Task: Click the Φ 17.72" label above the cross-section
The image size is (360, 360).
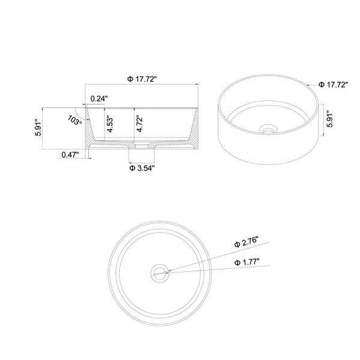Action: [142, 79]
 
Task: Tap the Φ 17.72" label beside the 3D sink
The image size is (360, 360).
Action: [334, 85]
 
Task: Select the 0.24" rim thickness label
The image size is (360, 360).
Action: [99, 99]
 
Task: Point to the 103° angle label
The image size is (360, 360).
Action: [75, 120]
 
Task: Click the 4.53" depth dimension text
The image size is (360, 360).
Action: [110, 125]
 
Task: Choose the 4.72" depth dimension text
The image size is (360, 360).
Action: [139, 124]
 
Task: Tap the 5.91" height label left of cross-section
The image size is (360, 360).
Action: [38, 127]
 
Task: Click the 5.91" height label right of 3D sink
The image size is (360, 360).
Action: [330, 120]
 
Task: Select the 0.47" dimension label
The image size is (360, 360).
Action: [70, 155]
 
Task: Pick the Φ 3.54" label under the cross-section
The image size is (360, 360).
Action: [141, 168]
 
